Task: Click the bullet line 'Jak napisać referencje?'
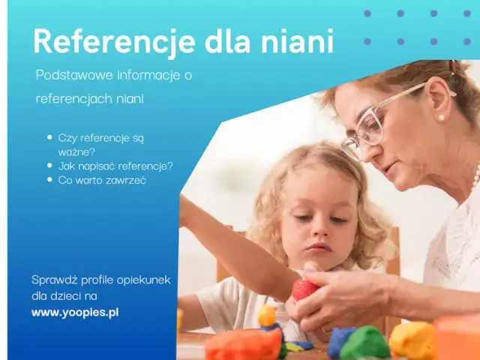[x=115, y=166]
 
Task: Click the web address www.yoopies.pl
[x=75, y=311]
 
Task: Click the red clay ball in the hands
[x=305, y=289]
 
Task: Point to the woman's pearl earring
[x=441, y=118]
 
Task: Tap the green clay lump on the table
[x=365, y=343]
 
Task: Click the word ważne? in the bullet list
[x=73, y=151]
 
